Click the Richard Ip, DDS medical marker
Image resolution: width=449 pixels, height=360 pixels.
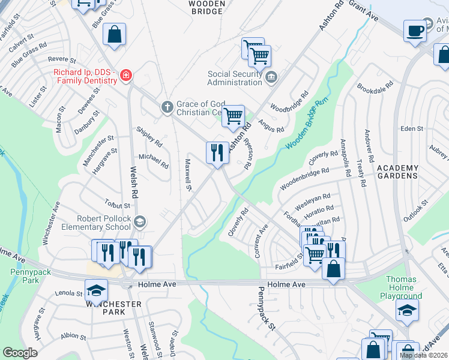[127, 76]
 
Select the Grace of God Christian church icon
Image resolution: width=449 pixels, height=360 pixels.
[169, 108]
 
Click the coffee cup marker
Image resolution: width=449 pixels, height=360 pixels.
[415, 31]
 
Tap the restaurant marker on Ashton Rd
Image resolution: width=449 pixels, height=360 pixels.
[217, 152]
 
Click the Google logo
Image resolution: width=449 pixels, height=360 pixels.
[20, 352]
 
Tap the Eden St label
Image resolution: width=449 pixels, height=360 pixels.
[412, 129]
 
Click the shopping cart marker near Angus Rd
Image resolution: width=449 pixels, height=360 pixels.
[233, 116]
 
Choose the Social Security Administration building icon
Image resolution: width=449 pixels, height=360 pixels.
[271, 77]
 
